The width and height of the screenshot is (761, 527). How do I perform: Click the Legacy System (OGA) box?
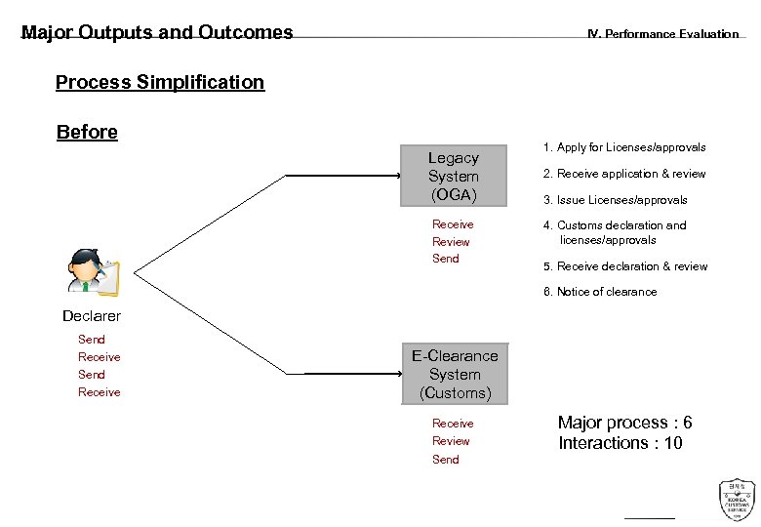point(454,177)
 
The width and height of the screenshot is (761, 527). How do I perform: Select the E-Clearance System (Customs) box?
point(455,375)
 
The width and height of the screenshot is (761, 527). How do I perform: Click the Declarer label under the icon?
point(92,316)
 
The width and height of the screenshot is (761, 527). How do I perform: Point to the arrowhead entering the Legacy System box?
point(397,177)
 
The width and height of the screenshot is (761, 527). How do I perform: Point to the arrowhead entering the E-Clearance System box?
point(397,374)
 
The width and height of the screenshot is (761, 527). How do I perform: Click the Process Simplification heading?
point(160,82)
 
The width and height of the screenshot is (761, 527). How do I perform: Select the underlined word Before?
point(87,132)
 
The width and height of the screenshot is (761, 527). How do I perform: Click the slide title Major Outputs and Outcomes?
point(157,32)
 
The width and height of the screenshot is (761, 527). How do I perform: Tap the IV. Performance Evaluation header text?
point(662,34)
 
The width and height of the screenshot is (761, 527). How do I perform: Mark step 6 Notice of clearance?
point(600,292)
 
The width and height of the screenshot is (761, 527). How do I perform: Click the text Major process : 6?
point(624,423)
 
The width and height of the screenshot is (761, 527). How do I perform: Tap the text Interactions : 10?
point(620,443)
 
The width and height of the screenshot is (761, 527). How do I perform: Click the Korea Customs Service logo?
point(737,500)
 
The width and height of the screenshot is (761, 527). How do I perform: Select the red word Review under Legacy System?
point(451,242)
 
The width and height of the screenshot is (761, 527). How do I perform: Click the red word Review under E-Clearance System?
point(451,441)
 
